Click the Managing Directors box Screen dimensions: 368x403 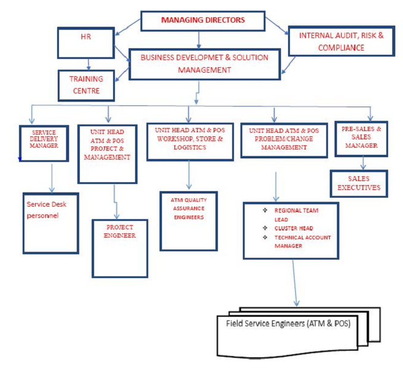203,21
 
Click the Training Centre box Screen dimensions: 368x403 86,85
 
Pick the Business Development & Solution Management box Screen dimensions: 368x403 204,64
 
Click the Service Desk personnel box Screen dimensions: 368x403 51,222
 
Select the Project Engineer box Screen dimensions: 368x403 120,247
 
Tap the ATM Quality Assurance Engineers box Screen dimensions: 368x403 188,221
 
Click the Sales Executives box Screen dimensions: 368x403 359,184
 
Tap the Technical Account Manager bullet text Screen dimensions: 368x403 302,241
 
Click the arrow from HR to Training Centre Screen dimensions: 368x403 89,63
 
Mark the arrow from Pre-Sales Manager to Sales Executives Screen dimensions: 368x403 363,163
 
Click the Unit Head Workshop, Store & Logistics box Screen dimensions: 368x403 189,141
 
